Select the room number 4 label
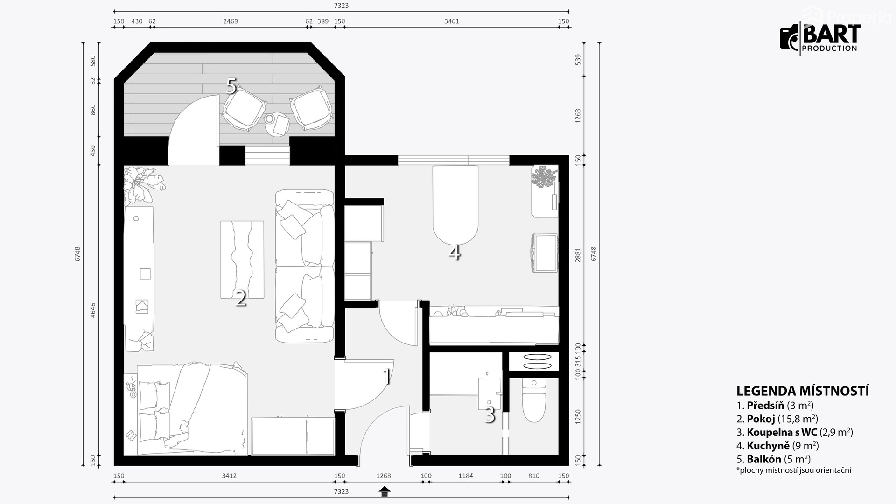[455, 252]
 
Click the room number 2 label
[241, 298]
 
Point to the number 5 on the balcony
[231, 86]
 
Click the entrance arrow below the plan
[385, 491]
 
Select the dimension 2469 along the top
[231, 21]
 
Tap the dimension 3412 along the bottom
[229, 476]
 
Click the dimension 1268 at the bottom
[384, 476]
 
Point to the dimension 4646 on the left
[93, 310]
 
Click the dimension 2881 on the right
[578, 255]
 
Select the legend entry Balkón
[774, 459]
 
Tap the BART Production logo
[820, 37]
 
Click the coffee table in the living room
[242, 259]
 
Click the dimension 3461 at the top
[451, 21]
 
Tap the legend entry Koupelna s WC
[795, 432]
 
